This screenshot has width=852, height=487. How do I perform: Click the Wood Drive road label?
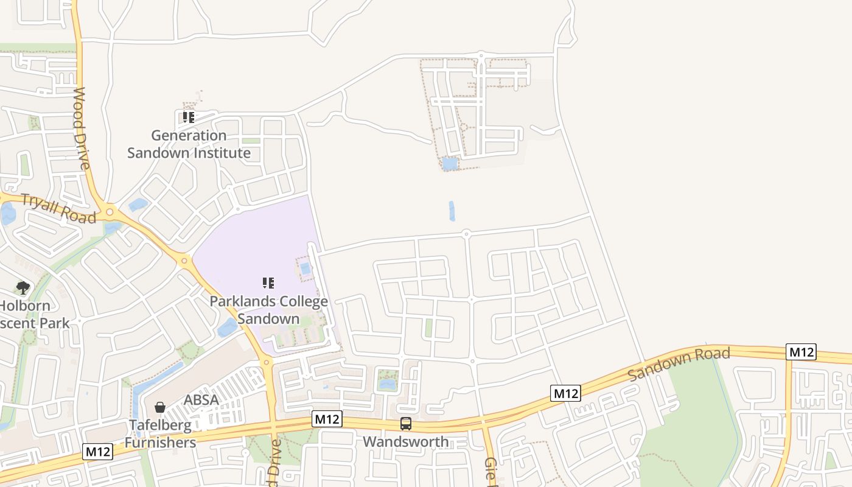click(x=82, y=128)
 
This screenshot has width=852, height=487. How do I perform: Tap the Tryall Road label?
click(x=58, y=208)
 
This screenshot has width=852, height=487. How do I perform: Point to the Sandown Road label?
click(x=679, y=363)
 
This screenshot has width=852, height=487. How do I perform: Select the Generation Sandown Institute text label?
click(x=189, y=144)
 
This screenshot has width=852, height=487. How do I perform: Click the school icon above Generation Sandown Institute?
click(x=189, y=117)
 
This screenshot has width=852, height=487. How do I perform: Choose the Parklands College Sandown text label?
click(x=268, y=309)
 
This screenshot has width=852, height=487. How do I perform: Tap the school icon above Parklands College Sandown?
click(x=268, y=283)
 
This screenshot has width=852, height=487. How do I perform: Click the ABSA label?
click(x=201, y=400)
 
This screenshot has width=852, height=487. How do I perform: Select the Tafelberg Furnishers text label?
click(x=160, y=433)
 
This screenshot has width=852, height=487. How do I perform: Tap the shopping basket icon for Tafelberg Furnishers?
click(x=160, y=407)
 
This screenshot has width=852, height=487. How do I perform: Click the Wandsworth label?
click(x=406, y=441)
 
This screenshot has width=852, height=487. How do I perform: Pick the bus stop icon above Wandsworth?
click(x=406, y=424)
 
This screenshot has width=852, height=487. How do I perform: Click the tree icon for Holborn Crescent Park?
click(x=23, y=287)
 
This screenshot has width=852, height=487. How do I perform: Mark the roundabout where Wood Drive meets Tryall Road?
click(x=110, y=212)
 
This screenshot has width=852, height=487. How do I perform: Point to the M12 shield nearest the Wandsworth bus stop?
click(x=327, y=419)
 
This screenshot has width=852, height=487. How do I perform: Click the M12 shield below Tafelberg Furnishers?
click(x=98, y=452)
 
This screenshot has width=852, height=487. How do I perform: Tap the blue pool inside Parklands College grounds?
click(x=306, y=268)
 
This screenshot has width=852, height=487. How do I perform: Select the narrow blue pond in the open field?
click(x=452, y=211)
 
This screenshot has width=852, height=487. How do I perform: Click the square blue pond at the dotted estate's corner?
click(x=449, y=163)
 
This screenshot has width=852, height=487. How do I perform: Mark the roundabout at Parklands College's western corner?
click(x=184, y=261)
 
